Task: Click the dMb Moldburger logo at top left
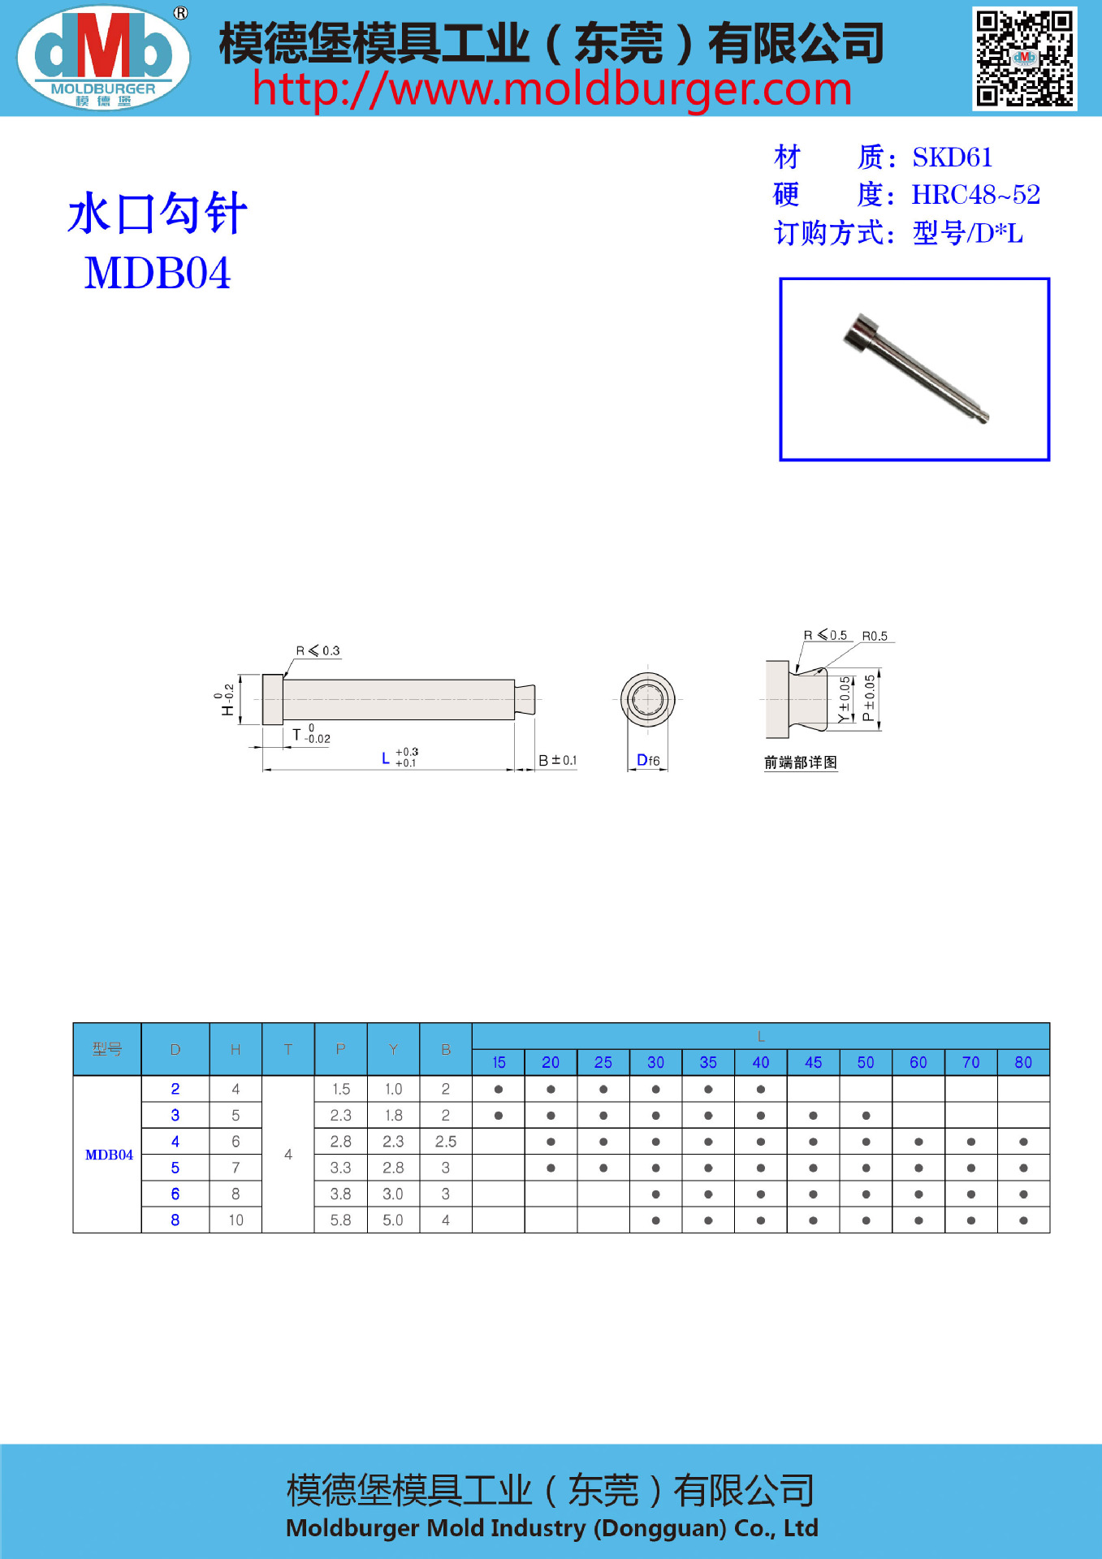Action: coord(103,57)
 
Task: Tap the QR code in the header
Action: coord(1024,58)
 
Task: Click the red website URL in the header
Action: coord(551,89)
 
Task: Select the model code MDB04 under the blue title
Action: coord(158,273)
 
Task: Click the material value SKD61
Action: coord(952,157)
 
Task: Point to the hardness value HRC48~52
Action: coord(975,195)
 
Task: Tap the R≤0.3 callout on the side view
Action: coord(318,651)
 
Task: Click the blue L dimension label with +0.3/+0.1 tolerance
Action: coord(399,758)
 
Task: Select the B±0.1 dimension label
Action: coord(557,761)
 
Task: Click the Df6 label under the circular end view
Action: coord(648,761)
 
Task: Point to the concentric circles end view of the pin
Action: coord(647,699)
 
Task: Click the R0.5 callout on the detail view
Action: coord(875,636)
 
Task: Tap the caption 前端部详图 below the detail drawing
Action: coord(800,762)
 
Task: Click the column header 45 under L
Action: coord(813,1062)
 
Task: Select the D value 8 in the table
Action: coord(175,1220)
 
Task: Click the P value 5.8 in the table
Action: coord(340,1220)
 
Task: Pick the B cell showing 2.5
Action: coord(445,1142)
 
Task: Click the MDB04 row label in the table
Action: coord(109,1155)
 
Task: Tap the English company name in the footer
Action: coord(551,1528)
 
